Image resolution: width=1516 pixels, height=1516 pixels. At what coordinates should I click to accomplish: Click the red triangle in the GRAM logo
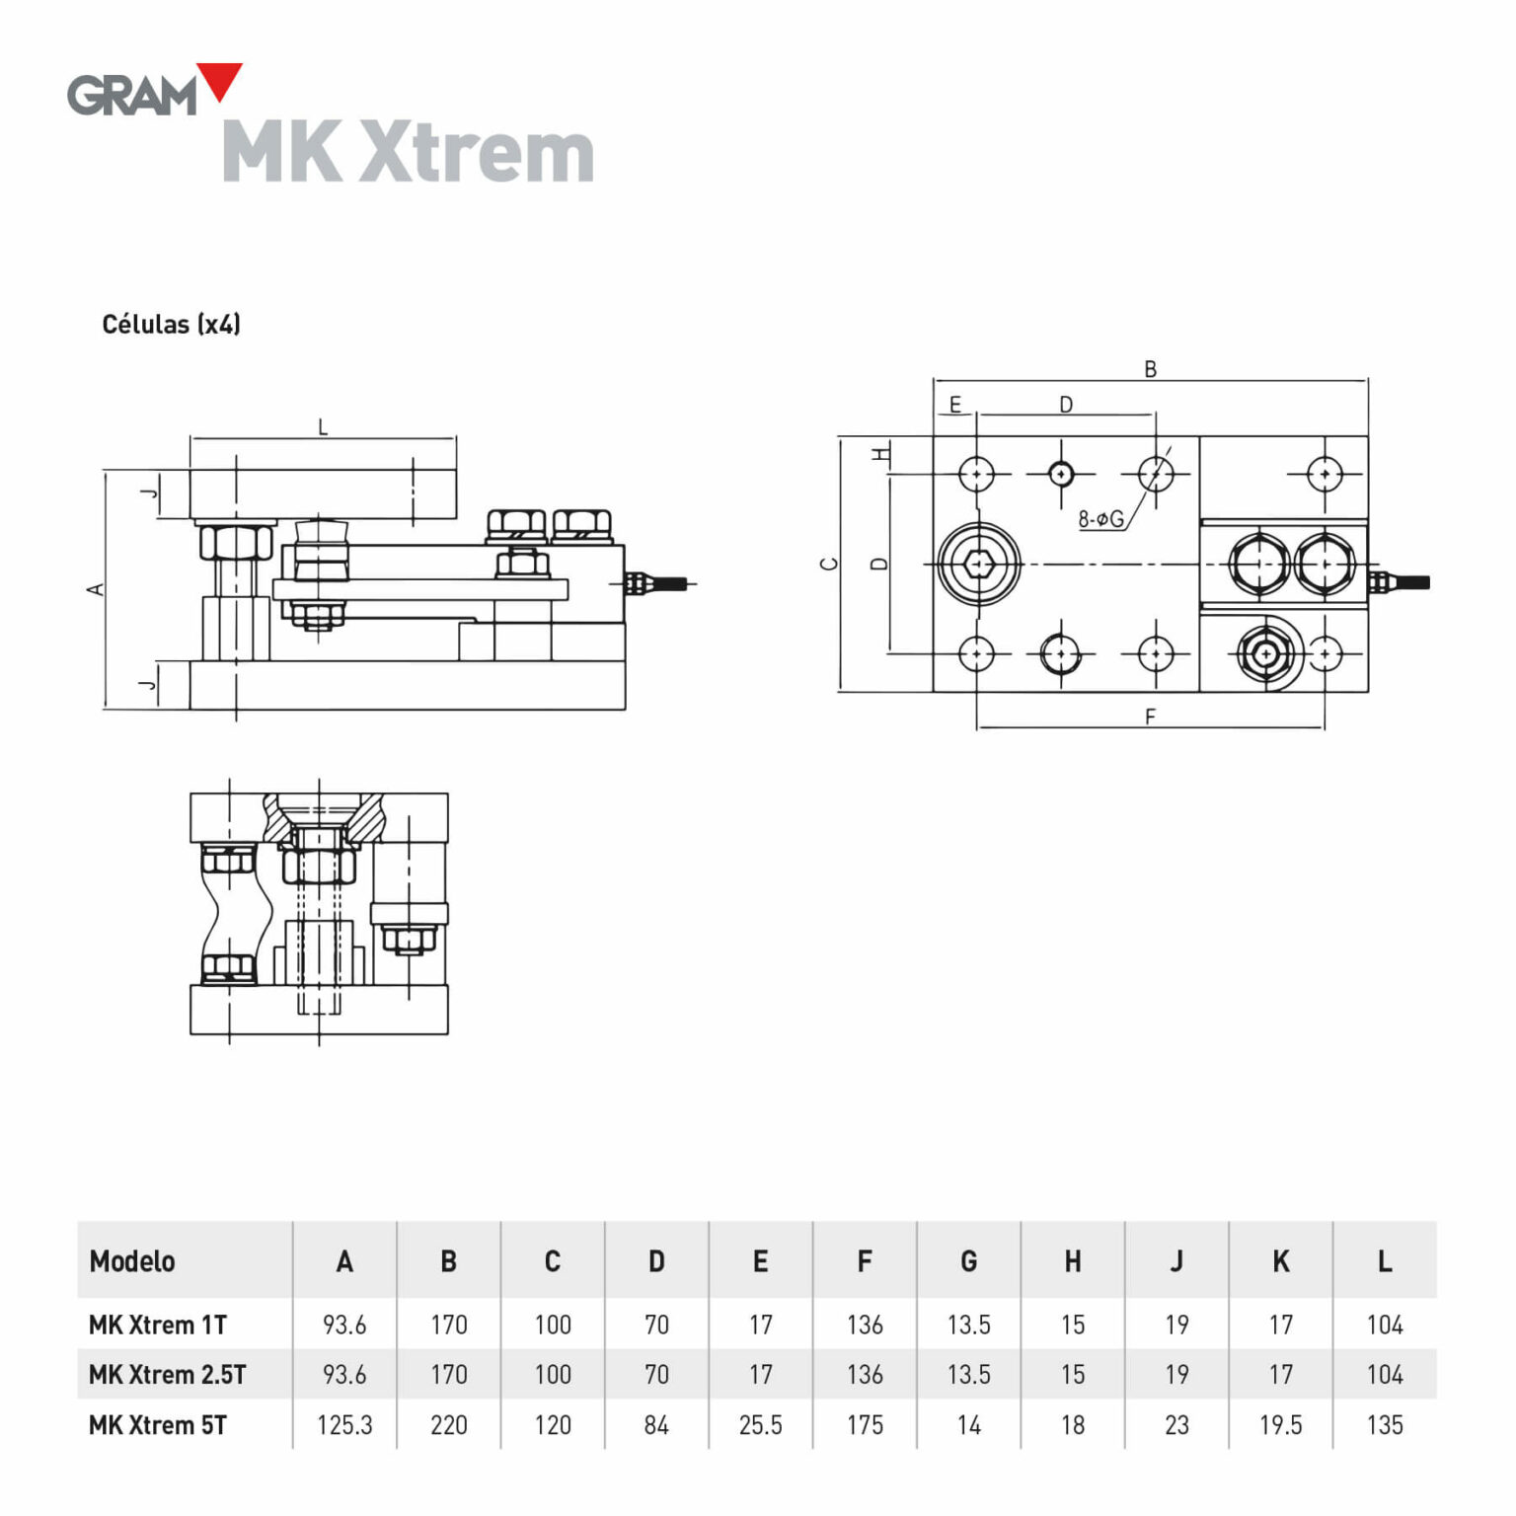point(220,81)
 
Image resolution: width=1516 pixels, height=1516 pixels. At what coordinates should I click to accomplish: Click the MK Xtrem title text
point(408,153)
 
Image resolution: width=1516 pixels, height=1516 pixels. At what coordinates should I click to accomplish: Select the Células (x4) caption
point(171,325)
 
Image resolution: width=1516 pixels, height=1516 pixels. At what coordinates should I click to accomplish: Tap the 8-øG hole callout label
point(1100,518)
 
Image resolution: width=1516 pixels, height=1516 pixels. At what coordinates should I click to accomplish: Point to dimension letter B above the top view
point(1150,369)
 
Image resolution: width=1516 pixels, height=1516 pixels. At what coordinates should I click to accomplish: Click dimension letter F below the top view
point(1150,717)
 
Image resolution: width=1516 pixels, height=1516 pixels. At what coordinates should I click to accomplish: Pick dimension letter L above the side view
point(323,428)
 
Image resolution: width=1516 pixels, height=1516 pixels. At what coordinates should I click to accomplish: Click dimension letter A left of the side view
point(96,589)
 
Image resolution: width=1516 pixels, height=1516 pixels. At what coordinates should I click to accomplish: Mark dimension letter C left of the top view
point(829,564)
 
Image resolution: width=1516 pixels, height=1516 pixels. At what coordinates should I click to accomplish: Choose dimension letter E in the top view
point(954,405)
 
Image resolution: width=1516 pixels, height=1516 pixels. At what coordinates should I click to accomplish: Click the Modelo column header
point(132,1261)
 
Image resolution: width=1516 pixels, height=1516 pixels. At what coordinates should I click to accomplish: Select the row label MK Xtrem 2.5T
point(167,1374)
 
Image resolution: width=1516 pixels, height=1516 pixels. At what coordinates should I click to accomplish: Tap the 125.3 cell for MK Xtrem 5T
point(344,1425)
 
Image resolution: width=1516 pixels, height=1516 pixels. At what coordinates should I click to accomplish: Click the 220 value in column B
point(448,1425)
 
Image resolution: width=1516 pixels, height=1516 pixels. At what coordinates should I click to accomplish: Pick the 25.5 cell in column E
point(760,1425)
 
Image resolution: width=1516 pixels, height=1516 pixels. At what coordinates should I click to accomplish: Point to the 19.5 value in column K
point(1280,1425)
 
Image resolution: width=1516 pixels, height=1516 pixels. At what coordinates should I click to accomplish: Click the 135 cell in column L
point(1384,1425)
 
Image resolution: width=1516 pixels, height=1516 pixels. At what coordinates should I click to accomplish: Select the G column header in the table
point(968,1261)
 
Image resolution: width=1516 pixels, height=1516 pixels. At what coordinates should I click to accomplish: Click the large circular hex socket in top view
point(977,564)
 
